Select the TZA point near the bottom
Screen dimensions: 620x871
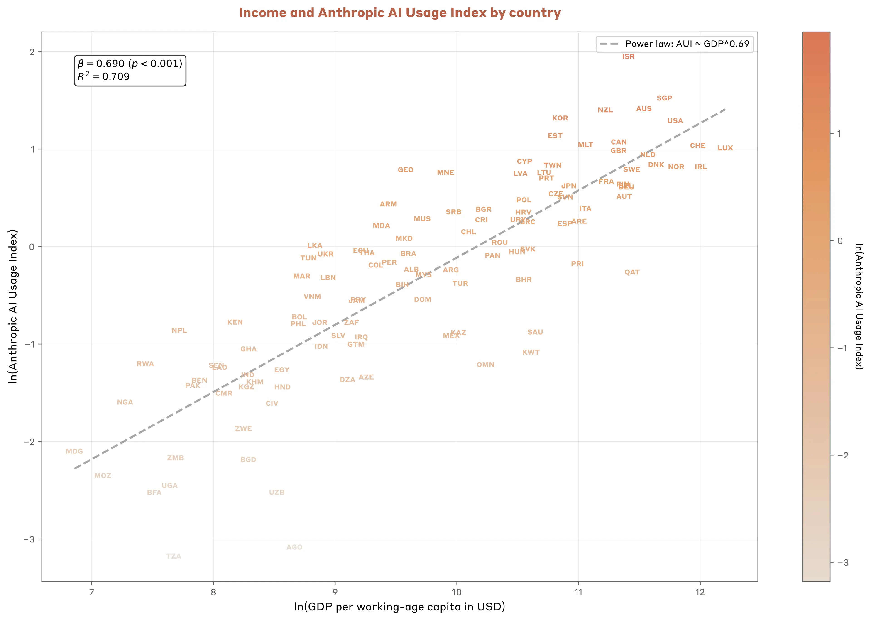(174, 556)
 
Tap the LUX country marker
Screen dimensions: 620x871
(725, 148)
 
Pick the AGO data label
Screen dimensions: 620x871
(294, 547)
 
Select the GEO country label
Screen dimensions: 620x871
(405, 170)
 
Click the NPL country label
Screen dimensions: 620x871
(179, 330)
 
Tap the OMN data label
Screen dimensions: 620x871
(485, 365)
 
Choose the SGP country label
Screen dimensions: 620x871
(664, 98)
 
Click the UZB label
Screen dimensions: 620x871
(277, 492)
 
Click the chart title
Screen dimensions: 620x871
(400, 13)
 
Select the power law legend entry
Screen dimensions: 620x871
(674, 44)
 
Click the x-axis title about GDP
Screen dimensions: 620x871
(400, 607)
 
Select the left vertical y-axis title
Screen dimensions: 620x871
(13, 306)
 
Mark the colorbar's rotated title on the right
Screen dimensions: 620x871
(859, 306)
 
